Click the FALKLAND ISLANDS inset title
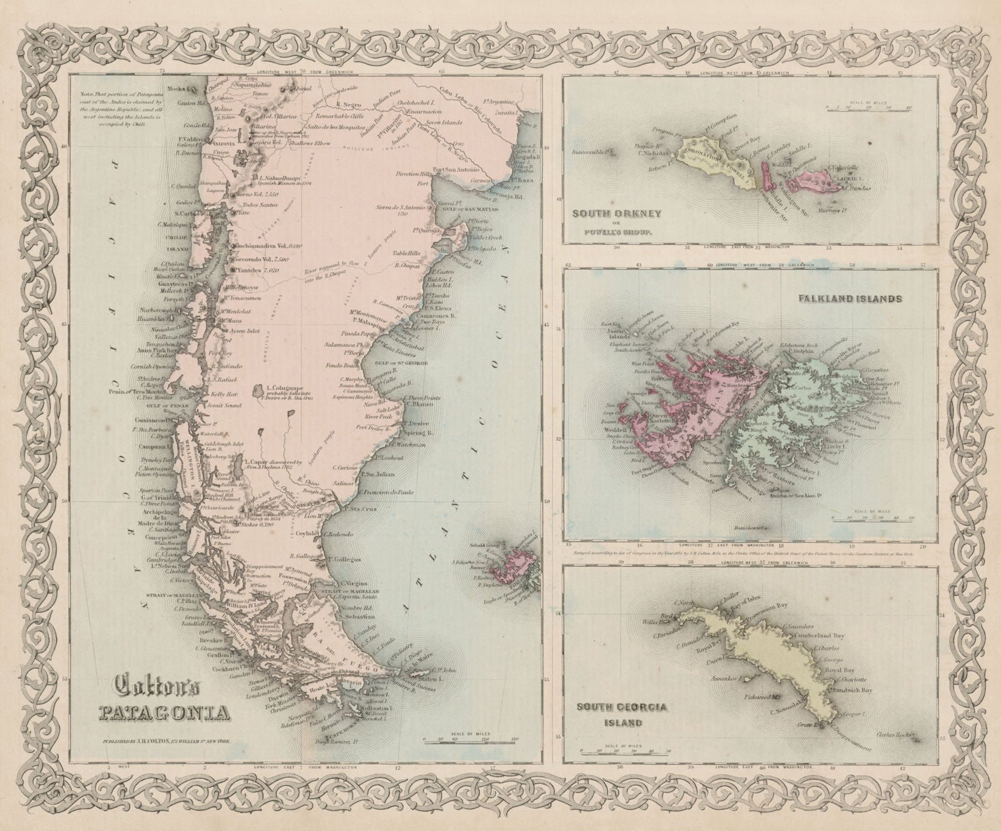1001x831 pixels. [850, 299]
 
